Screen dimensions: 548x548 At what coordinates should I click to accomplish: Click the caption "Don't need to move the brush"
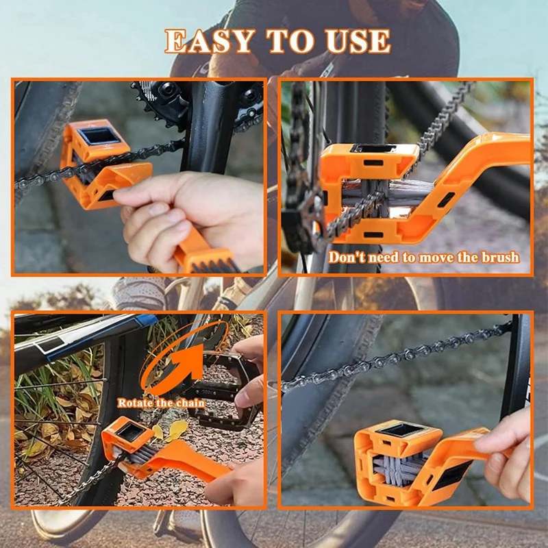[423, 258]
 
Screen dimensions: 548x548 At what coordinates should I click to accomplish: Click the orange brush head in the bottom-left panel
[130, 438]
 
